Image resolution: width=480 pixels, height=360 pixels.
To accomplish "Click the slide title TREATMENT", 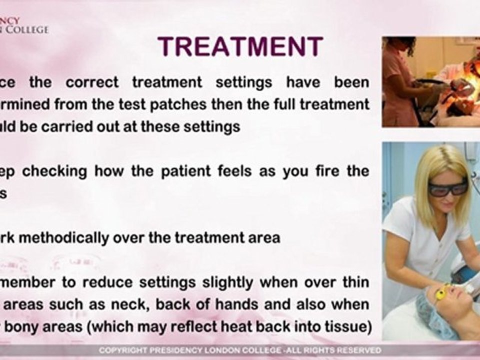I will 240,47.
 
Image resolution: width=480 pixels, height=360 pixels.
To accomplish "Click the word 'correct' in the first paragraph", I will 92,82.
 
